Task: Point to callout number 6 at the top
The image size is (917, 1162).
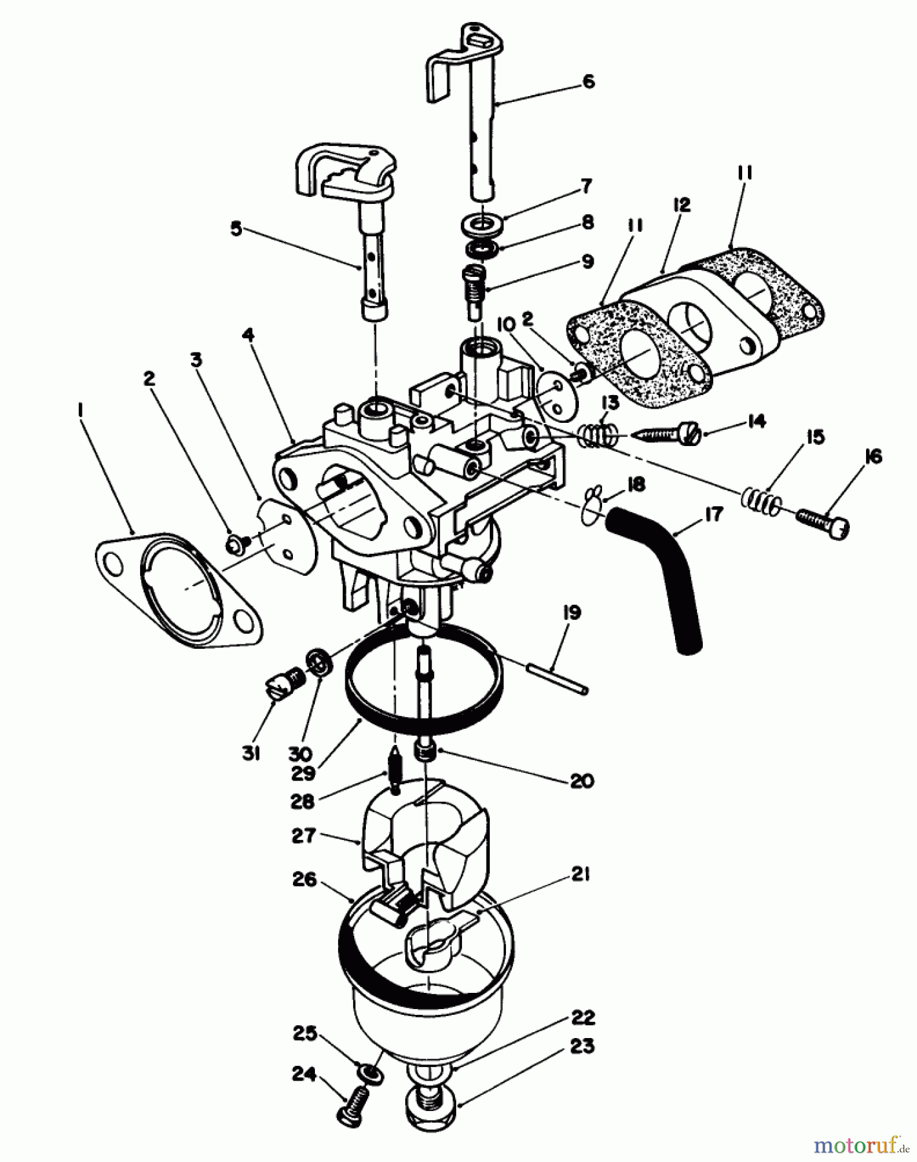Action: click(x=588, y=83)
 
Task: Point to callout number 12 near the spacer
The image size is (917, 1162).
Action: click(x=681, y=205)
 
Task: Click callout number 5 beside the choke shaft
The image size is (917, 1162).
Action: click(x=236, y=229)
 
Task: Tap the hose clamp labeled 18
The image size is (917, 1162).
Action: click(x=594, y=499)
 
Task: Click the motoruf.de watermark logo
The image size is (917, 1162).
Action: click(x=855, y=1145)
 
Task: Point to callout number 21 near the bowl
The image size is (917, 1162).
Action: click(x=580, y=876)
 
